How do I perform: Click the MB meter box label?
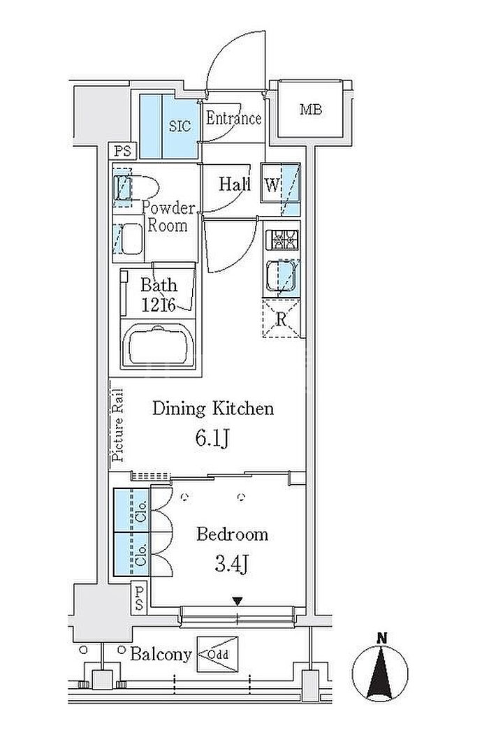click(x=311, y=110)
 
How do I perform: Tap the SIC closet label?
click(x=180, y=126)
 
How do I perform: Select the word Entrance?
click(x=233, y=118)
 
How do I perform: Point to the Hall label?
click(x=235, y=184)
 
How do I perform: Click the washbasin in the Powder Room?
click(x=129, y=239)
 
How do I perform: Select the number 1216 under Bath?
click(x=159, y=305)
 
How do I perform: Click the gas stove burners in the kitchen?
click(x=282, y=240)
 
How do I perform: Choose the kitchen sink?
click(x=282, y=275)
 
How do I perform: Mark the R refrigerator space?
click(x=282, y=319)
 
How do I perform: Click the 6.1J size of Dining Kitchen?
click(x=212, y=439)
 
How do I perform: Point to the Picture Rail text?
click(x=118, y=425)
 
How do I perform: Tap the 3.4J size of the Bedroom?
click(x=231, y=564)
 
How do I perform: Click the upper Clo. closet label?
click(x=141, y=511)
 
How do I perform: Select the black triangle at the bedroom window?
click(x=238, y=602)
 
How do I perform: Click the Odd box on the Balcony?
click(x=217, y=655)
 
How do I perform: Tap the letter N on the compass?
click(x=382, y=639)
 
